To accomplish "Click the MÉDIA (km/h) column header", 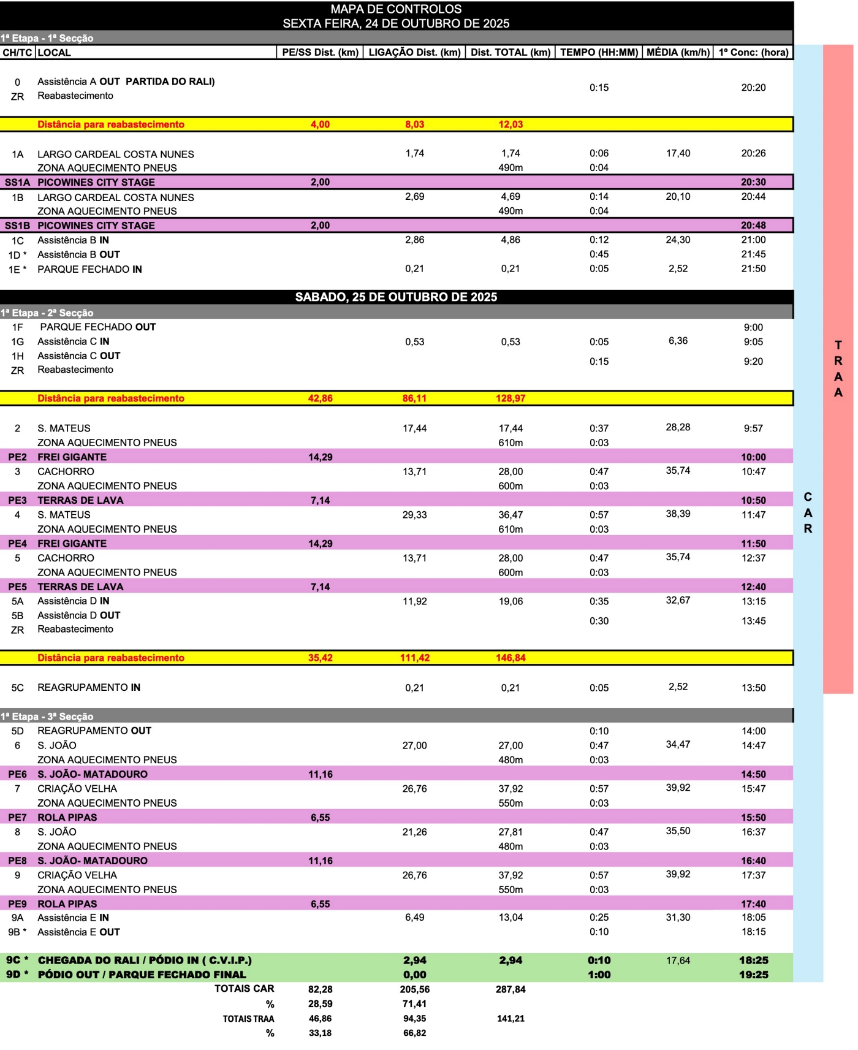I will click(678, 52).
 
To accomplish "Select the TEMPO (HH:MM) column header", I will click(599, 52).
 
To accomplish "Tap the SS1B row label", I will click(18, 226).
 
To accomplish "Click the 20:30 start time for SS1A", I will click(753, 182).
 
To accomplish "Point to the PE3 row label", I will click(18, 500).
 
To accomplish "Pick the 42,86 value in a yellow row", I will click(320, 398).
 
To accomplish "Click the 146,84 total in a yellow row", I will click(511, 658).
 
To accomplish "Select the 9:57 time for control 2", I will click(753, 428).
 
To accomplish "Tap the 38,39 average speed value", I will click(678, 514).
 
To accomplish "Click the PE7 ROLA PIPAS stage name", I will click(67, 817).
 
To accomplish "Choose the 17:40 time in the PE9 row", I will click(753, 904).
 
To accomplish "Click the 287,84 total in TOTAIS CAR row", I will click(511, 989).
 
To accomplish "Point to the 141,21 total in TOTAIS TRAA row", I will click(511, 1019).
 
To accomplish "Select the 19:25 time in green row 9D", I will click(753, 975).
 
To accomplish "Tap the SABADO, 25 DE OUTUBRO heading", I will click(396, 297).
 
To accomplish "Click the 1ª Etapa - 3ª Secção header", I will click(47, 717).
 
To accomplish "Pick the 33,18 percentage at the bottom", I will click(320, 1033).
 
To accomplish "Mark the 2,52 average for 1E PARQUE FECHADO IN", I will click(678, 268).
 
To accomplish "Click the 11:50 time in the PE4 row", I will click(753, 544).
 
